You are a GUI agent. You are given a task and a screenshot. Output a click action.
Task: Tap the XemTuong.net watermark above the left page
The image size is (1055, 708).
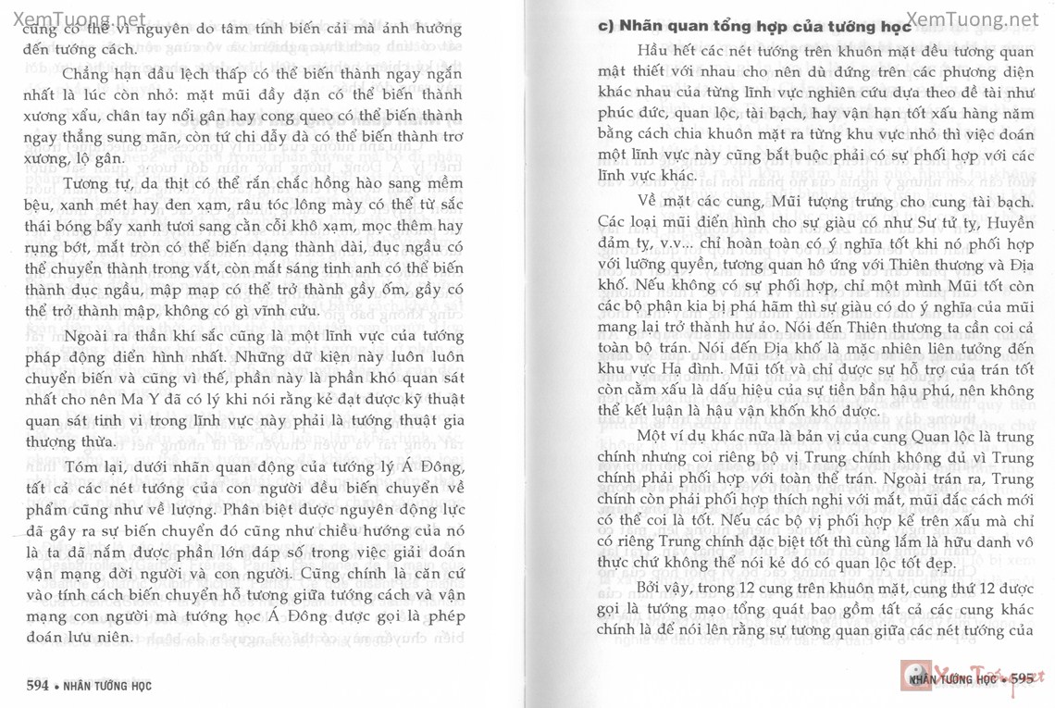point(74,18)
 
